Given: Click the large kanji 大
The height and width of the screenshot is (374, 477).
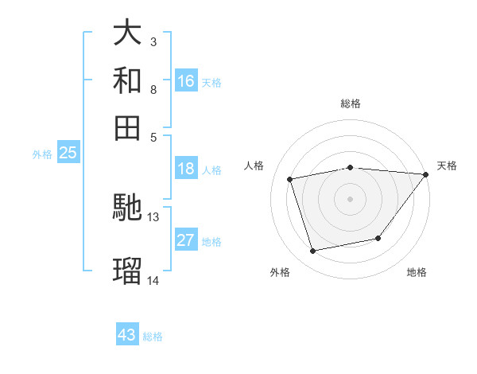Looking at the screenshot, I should coord(127,33).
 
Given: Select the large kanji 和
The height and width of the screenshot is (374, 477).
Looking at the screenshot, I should coord(127,80).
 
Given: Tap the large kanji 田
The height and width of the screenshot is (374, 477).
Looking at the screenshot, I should coord(127,127).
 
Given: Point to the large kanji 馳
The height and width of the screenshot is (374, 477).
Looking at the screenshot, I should coord(127,208).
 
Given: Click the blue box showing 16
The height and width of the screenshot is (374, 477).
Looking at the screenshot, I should coord(186,81).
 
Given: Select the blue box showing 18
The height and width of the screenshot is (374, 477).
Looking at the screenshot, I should coord(186,169).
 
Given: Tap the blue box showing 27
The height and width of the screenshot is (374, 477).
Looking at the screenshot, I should coord(186,240).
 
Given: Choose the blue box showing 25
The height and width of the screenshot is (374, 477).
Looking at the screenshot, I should coord(68,153).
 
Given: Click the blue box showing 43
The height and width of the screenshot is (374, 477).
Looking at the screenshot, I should coord(127,335).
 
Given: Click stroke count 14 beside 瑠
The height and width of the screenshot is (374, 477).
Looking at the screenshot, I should coord(153,280).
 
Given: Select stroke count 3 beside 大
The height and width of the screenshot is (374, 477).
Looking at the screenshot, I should coord(153,41).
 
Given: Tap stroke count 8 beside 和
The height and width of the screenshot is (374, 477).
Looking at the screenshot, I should coord(153,89).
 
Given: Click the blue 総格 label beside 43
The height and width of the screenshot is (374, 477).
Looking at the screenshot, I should coord(153,337).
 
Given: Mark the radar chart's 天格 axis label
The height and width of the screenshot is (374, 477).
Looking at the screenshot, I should coord(447,166).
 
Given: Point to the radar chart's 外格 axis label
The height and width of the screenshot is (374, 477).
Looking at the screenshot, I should coord(280,272).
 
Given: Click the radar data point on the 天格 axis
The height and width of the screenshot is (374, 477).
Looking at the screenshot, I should coord(426,175).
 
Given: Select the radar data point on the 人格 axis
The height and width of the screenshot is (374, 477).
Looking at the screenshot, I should coord(290,179).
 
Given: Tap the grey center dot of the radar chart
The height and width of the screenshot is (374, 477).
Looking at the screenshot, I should coord(350,198).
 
